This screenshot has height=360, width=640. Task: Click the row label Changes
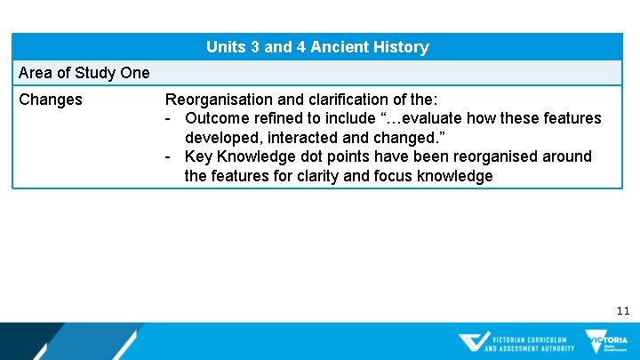(51, 100)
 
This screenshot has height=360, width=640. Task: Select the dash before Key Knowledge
(168, 157)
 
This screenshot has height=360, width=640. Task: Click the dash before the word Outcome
(168, 119)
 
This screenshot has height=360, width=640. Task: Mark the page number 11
(622, 311)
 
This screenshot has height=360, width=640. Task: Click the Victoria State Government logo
(606, 342)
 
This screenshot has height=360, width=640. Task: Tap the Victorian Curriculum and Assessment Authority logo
(517, 342)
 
